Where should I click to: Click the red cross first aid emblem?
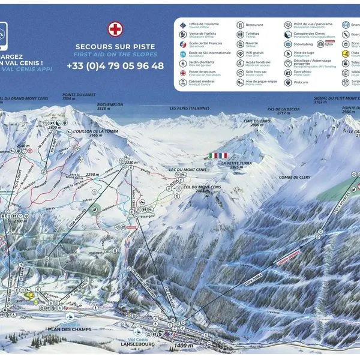tap(115, 28)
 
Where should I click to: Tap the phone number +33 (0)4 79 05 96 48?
tap(115, 66)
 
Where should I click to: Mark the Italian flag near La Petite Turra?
tap(213, 155)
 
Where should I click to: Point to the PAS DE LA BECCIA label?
tap(283, 110)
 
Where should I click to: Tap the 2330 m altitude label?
tap(133, 162)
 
